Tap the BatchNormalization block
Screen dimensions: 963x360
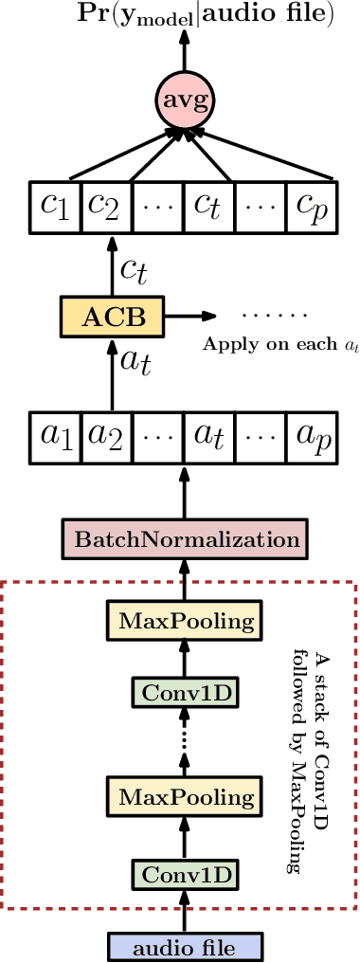click(x=180, y=540)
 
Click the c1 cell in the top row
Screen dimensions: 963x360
click(x=52, y=204)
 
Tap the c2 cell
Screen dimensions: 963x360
click(x=105, y=204)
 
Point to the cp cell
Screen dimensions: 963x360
click(x=311, y=204)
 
